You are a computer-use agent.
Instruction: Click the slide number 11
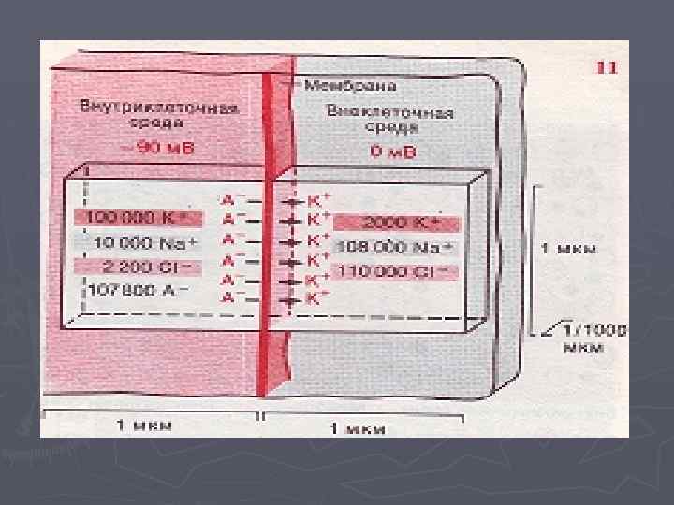606,67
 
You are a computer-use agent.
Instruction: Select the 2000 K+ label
397,224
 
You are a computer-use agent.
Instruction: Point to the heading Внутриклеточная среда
158,113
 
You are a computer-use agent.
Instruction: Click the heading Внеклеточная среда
390,119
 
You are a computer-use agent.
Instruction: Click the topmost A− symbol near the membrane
232,199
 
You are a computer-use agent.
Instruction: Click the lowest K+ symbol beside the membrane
318,299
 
